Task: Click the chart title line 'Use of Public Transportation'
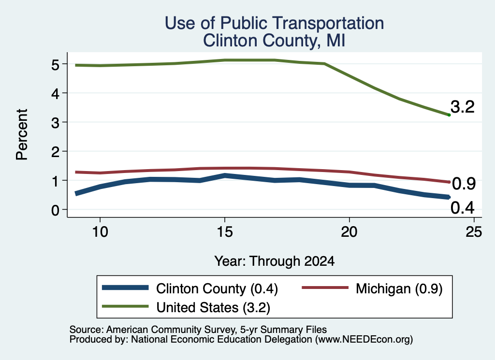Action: pos(275,23)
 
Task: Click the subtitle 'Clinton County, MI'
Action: pos(274,41)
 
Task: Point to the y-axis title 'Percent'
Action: pos(22,135)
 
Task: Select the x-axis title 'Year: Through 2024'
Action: pos(275,261)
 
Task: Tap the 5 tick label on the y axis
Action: pos(55,65)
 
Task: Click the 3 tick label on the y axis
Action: pos(55,123)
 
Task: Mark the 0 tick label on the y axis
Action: pos(55,210)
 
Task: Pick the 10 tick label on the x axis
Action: pos(100,232)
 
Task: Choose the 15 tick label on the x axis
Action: pos(225,232)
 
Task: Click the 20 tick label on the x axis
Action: pos(349,232)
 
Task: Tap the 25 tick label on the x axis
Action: pos(474,232)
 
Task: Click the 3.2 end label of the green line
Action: pos(463,107)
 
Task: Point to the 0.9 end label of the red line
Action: pos(464,184)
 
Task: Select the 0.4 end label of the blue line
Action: pos(463,208)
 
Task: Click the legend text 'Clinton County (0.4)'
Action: pos(217,288)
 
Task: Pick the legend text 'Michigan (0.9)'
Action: pos(399,288)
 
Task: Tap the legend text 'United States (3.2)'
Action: pos(213,308)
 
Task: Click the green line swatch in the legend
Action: pos(125,306)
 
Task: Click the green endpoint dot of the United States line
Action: pos(449,115)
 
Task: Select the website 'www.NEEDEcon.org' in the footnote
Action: pos(364,339)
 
